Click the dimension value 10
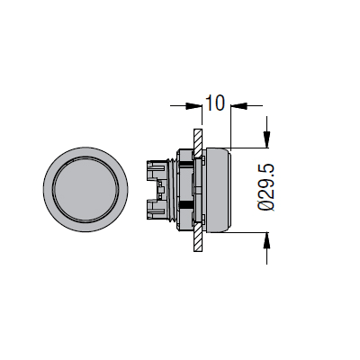coord(215,103)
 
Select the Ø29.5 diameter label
coord(266,188)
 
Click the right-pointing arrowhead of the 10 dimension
coord(193,105)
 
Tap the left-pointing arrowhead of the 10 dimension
coord(238,105)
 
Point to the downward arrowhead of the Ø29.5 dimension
coord(266,139)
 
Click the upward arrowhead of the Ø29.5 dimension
coord(266,240)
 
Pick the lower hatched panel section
coord(198,237)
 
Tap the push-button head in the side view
coord(218,190)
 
